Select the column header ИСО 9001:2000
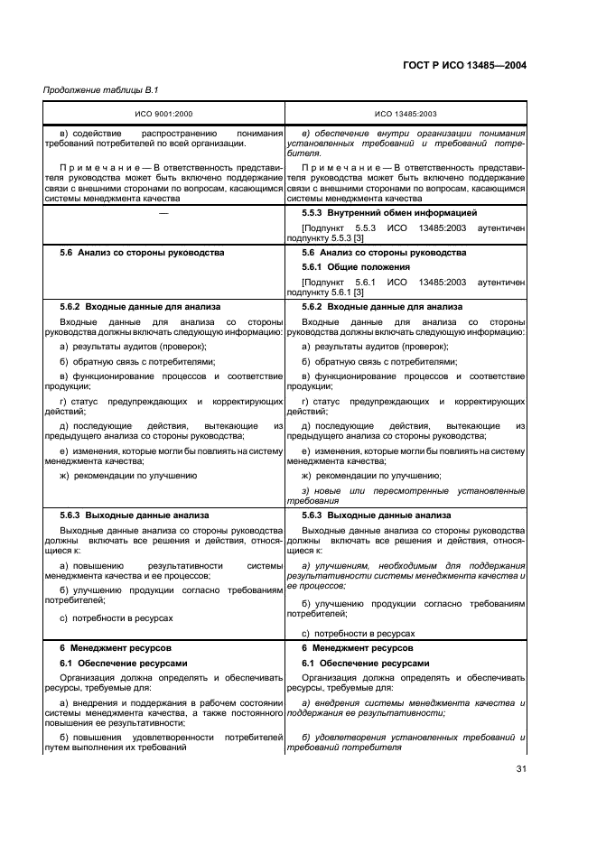point(163,116)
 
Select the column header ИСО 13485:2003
point(406,116)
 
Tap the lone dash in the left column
point(163,213)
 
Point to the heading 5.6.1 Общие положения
point(359,267)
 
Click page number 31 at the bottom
point(518,769)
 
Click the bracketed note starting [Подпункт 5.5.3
point(406,233)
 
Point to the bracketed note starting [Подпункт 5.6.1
point(406,287)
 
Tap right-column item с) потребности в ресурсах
point(358,634)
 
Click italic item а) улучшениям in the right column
point(406,572)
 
